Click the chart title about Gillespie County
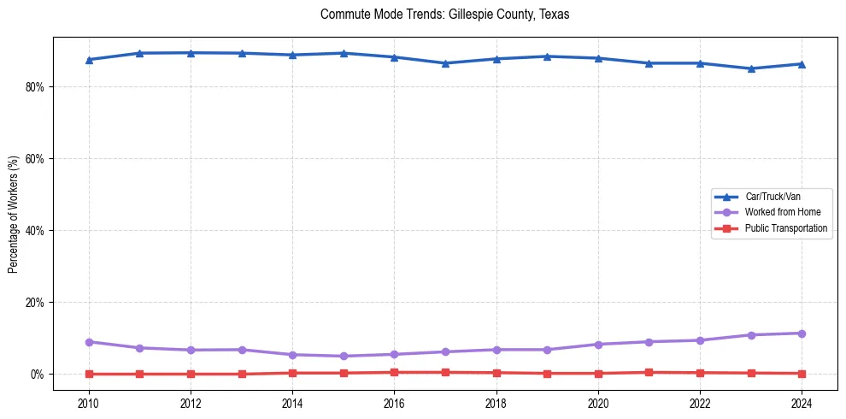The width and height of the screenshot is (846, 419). coord(444,15)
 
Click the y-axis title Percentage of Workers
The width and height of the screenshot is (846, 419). coord(14,215)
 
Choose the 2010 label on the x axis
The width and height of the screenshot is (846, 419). coord(88,403)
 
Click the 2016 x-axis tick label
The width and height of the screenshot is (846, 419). coord(394,403)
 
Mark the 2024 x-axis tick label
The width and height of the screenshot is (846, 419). coord(802,403)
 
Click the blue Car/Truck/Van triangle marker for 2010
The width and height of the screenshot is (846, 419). coord(88,60)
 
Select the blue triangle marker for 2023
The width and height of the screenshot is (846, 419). coord(751,68)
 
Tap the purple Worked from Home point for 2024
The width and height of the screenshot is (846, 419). coord(802,333)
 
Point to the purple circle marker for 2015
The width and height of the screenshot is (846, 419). coord(344,356)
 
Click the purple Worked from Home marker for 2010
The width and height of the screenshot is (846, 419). coord(88,342)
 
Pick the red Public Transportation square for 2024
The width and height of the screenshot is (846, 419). coord(802,374)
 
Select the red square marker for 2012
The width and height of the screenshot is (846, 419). coord(191,374)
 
